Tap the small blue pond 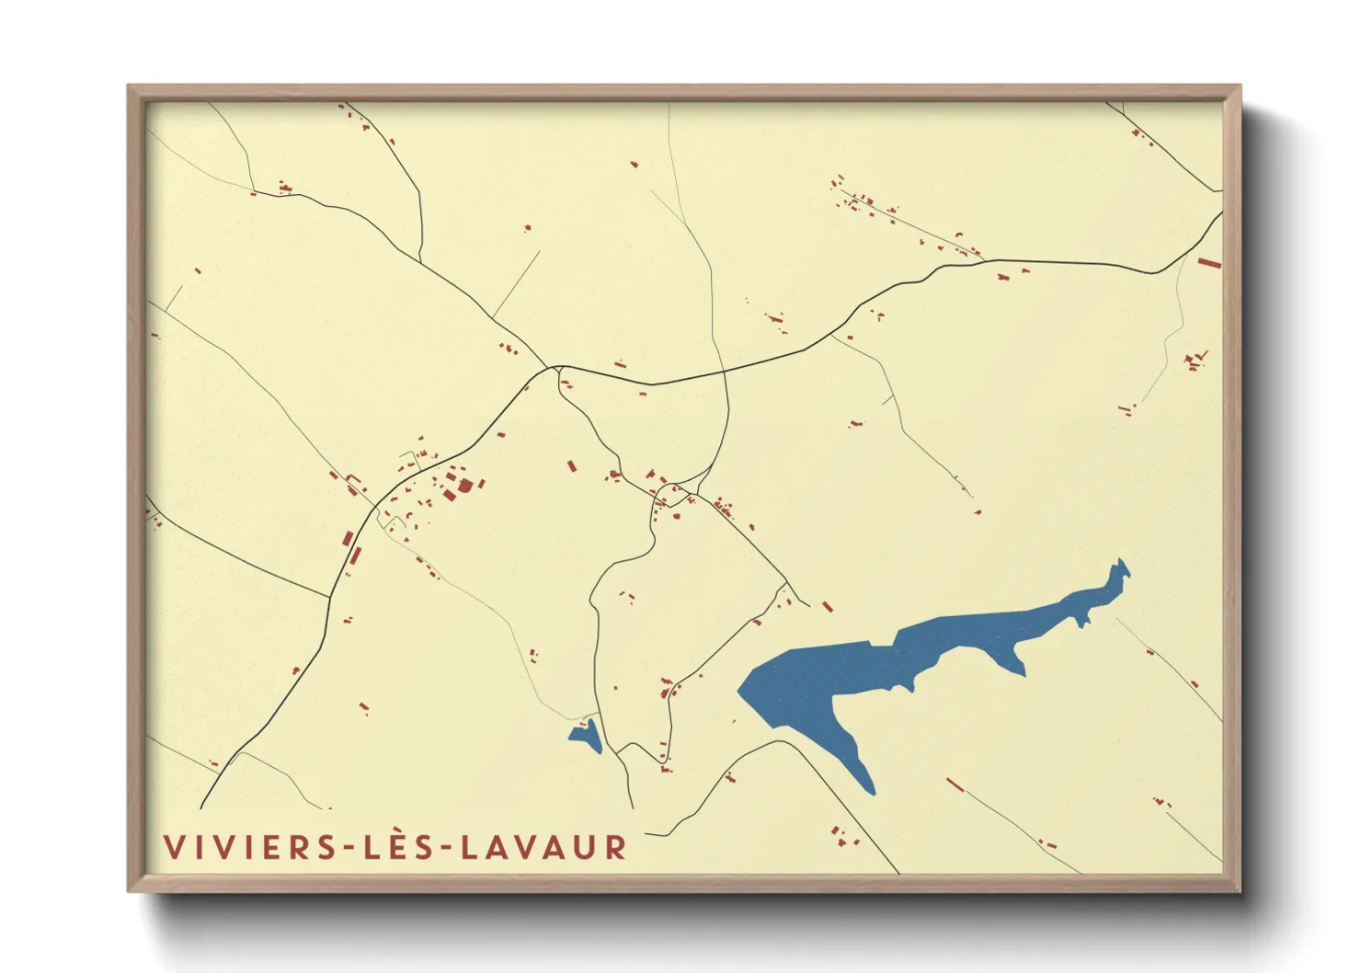point(586,735)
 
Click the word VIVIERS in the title point(251,847)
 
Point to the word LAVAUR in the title point(543,847)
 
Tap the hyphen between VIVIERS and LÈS point(350,848)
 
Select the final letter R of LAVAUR point(617,847)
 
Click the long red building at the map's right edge point(1209,263)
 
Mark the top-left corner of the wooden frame point(129,86)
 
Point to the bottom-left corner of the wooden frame point(129,890)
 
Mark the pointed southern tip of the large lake point(870,792)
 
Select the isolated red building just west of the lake point(827,607)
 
